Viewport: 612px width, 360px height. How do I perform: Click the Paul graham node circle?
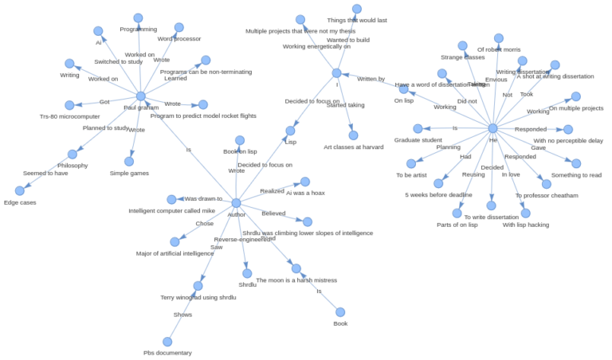141,96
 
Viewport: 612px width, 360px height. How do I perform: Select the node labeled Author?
236,203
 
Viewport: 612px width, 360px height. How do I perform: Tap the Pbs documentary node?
167,342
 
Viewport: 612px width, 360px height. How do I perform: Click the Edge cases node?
20,191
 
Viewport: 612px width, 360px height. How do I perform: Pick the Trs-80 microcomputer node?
69,105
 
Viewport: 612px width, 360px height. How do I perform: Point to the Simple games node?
129,162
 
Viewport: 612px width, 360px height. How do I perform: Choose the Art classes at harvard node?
353,135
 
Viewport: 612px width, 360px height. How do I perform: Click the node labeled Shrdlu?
247,273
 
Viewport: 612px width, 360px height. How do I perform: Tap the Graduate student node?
418,128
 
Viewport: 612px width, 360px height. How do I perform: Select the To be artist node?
411,163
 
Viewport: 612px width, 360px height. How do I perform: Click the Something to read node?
576,163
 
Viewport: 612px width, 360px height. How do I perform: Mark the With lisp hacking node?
525,213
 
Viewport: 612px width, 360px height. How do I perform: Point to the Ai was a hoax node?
305,182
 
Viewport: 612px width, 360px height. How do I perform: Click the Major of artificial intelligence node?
175,242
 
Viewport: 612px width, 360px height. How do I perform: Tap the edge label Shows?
182,315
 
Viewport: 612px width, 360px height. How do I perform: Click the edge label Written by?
371,79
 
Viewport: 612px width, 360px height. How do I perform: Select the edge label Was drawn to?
203,198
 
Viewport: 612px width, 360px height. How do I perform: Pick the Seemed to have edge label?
45,173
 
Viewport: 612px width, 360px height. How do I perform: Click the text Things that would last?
357,20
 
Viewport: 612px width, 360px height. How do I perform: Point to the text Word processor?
179,38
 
